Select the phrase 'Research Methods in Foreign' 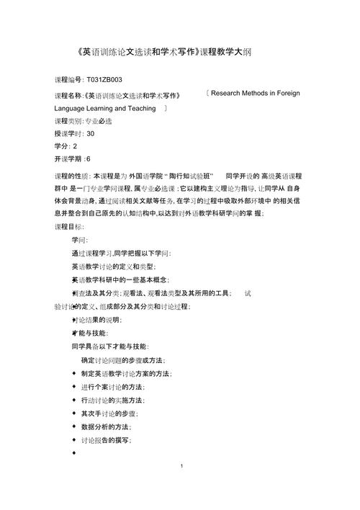[x=256, y=94]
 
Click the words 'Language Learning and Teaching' [x=105, y=108]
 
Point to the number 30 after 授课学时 [x=90, y=134]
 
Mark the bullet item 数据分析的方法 [x=109, y=426]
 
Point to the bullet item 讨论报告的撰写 [x=109, y=440]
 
